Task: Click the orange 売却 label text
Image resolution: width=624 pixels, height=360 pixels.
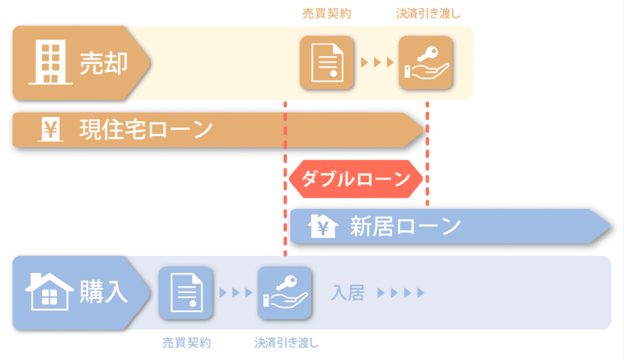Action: [x=104, y=63]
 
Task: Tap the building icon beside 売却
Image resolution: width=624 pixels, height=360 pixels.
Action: [x=51, y=62]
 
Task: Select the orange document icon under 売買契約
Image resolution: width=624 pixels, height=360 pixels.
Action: [x=327, y=63]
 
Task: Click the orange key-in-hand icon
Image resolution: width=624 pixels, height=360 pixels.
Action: [x=426, y=63]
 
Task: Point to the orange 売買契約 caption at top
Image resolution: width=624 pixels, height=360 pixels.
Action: [x=327, y=14]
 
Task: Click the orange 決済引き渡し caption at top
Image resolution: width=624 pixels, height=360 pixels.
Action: [x=428, y=14]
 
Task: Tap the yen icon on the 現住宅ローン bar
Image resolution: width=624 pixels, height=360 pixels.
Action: [x=51, y=129]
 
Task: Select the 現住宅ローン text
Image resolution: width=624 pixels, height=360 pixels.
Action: [x=146, y=129]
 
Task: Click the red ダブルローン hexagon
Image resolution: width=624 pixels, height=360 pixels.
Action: [x=356, y=179]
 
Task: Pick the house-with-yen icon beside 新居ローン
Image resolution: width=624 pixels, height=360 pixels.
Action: [x=323, y=226]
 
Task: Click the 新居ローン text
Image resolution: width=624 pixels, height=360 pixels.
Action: [x=405, y=226]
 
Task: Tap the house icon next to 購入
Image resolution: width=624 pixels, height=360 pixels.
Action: [x=49, y=291]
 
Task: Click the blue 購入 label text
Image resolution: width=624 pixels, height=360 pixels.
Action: [x=104, y=292]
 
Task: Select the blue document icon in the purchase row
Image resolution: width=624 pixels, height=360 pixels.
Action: [x=186, y=293]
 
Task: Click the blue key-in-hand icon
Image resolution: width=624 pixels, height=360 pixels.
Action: [x=285, y=293]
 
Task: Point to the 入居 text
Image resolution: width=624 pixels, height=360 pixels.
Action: [x=348, y=293]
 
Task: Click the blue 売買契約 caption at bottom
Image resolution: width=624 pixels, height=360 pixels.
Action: [x=186, y=342]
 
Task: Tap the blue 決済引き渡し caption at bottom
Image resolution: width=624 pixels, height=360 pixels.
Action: [x=286, y=342]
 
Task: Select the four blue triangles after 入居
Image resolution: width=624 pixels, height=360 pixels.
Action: [x=401, y=293]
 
